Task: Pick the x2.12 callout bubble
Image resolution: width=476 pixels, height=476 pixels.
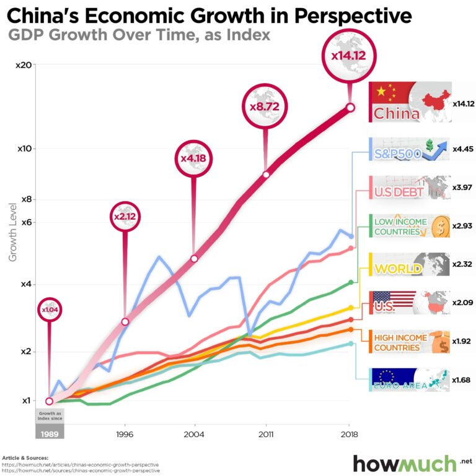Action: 125,217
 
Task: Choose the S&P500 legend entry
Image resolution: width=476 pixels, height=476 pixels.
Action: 409,149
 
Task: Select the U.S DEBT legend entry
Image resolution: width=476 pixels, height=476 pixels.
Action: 409,188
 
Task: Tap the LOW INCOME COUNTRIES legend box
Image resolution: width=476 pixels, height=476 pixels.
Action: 409,226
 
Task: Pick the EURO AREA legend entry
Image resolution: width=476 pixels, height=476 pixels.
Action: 409,379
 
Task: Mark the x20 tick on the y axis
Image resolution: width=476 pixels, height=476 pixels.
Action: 23,65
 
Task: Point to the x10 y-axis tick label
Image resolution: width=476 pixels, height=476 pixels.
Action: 23,149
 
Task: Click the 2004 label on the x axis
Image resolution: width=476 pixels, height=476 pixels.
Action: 195,434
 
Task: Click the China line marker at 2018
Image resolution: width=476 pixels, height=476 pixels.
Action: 350,108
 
